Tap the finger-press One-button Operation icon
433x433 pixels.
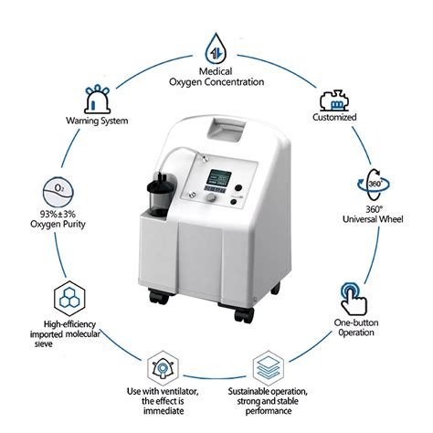(x=354, y=294)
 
